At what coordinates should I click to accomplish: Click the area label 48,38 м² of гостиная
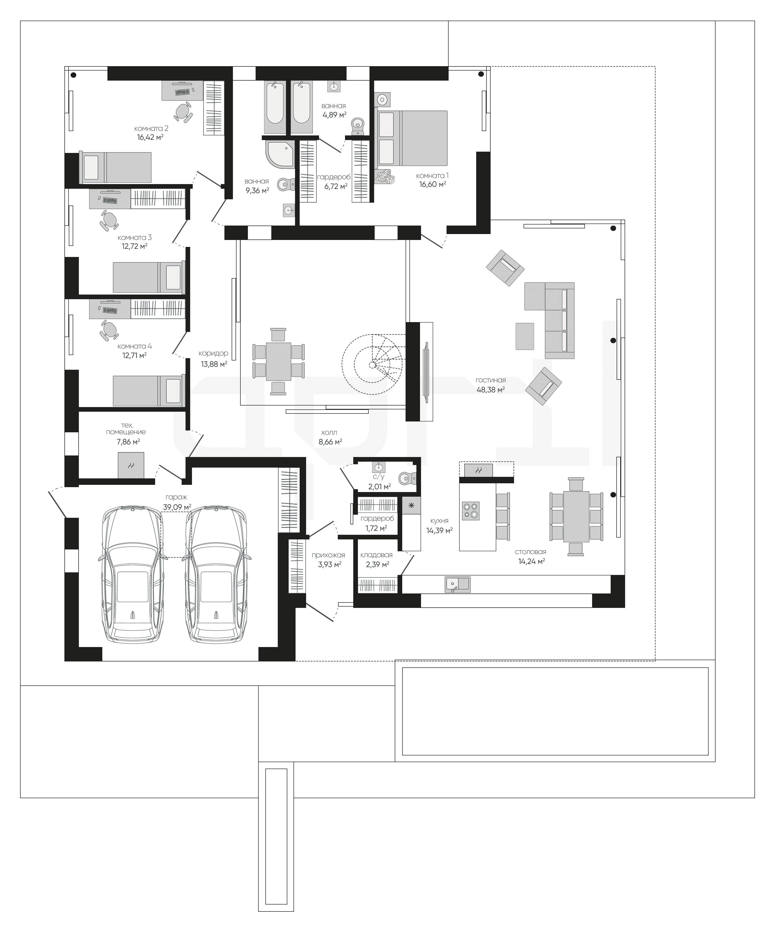(491, 390)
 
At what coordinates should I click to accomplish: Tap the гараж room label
(177, 497)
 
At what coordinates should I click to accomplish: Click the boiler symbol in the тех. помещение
(131, 465)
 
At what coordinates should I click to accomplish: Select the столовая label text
(531, 552)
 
